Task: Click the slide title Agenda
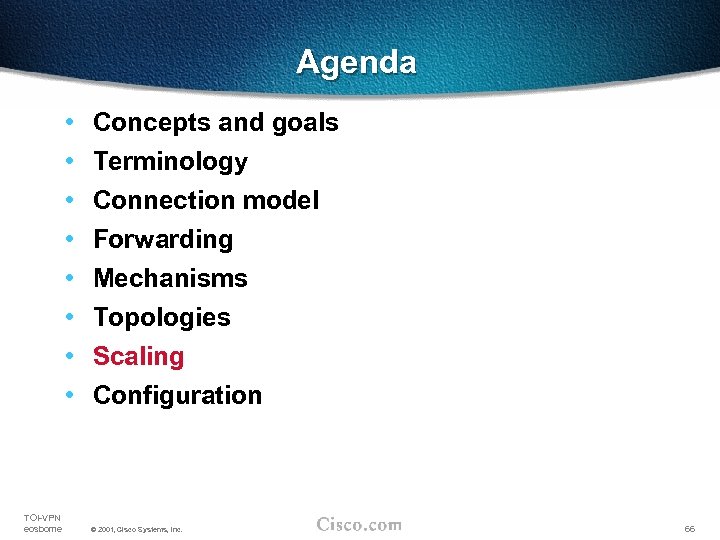[x=356, y=63]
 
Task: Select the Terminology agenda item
[x=170, y=162]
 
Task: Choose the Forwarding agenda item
[x=163, y=240]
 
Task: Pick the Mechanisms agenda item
[x=170, y=279]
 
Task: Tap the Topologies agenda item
[x=162, y=318]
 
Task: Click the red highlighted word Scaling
[x=139, y=357]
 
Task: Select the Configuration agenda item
[x=177, y=396]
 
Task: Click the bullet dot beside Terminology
[x=68, y=162]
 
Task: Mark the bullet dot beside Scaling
[x=68, y=357]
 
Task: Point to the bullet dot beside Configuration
[x=68, y=396]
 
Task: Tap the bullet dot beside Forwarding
[x=68, y=240]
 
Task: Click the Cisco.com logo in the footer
[x=359, y=524]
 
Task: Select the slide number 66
[x=689, y=528]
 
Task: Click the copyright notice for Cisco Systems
[x=136, y=529]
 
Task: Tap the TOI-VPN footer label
[x=42, y=517]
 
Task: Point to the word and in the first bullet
[x=240, y=123]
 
